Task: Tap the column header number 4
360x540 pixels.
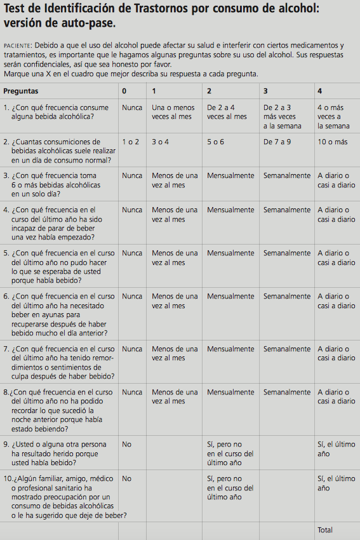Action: pyautogui.click(x=319, y=91)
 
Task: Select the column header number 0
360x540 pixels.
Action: pyautogui.click(x=124, y=91)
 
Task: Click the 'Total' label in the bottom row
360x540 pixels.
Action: pyautogui.click(x=325, y=530)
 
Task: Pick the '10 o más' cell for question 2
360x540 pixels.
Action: pyautogui.click(x=332, y=142)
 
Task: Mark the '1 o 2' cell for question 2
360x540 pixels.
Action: pyautogui.click(x=131, y=142)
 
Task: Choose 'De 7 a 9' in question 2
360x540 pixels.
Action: pyautogui.click(x=277, y=142)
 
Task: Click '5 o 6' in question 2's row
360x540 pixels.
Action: pyautogui.click(x=215, y=142)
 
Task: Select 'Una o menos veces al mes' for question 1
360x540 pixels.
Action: pyautogui.click(x=173, y=112)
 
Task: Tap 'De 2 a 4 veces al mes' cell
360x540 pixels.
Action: pyautogui.click(x=227, y=112)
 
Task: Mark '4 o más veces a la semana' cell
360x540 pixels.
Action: pyautogui.click(x=333, y=117)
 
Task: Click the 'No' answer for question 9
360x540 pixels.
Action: pyautogui.click(x=127, y=445)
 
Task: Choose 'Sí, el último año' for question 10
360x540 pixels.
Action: pyautogui.click(x=336, y=483)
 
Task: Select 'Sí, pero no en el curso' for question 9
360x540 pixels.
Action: pyautogui.click(x=230, y=454)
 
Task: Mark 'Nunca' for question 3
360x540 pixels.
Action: pyautogui.click(x=132, y=175)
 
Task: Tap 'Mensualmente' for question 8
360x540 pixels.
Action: pyautogui.click(x=230, y=392)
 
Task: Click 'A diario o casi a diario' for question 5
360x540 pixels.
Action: pyautogui.click(x=336, y=257)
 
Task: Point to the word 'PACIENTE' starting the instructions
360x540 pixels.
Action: pyautogui.click(x=18, y=46)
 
